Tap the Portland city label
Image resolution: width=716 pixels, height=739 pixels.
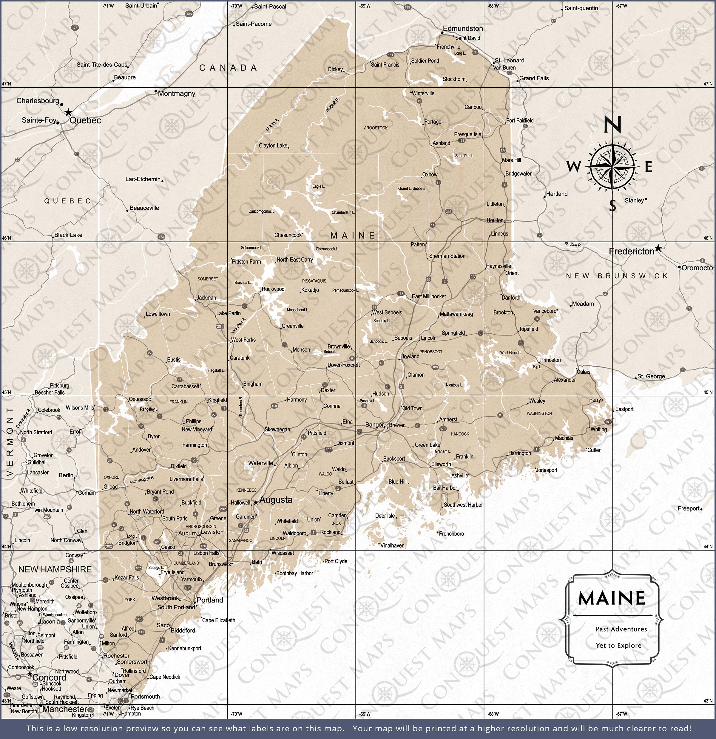tap(210, 600)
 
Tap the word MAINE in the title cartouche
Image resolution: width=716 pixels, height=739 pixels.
tap(612, 598)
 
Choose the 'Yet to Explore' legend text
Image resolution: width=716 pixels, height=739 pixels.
tap(618, 646)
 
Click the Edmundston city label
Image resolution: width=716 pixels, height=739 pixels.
tap(462, 29)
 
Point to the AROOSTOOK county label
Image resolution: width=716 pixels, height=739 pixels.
tap(376, 128)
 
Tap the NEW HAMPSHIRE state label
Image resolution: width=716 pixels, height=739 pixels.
tap(55, 569)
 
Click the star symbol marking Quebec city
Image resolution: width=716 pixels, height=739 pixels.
tap(68, 112)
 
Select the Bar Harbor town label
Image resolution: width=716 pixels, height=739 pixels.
tap(445, 488)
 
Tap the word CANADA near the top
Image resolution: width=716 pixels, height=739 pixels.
tap(228, 68)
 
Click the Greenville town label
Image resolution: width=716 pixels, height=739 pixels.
tap(292, 326)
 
